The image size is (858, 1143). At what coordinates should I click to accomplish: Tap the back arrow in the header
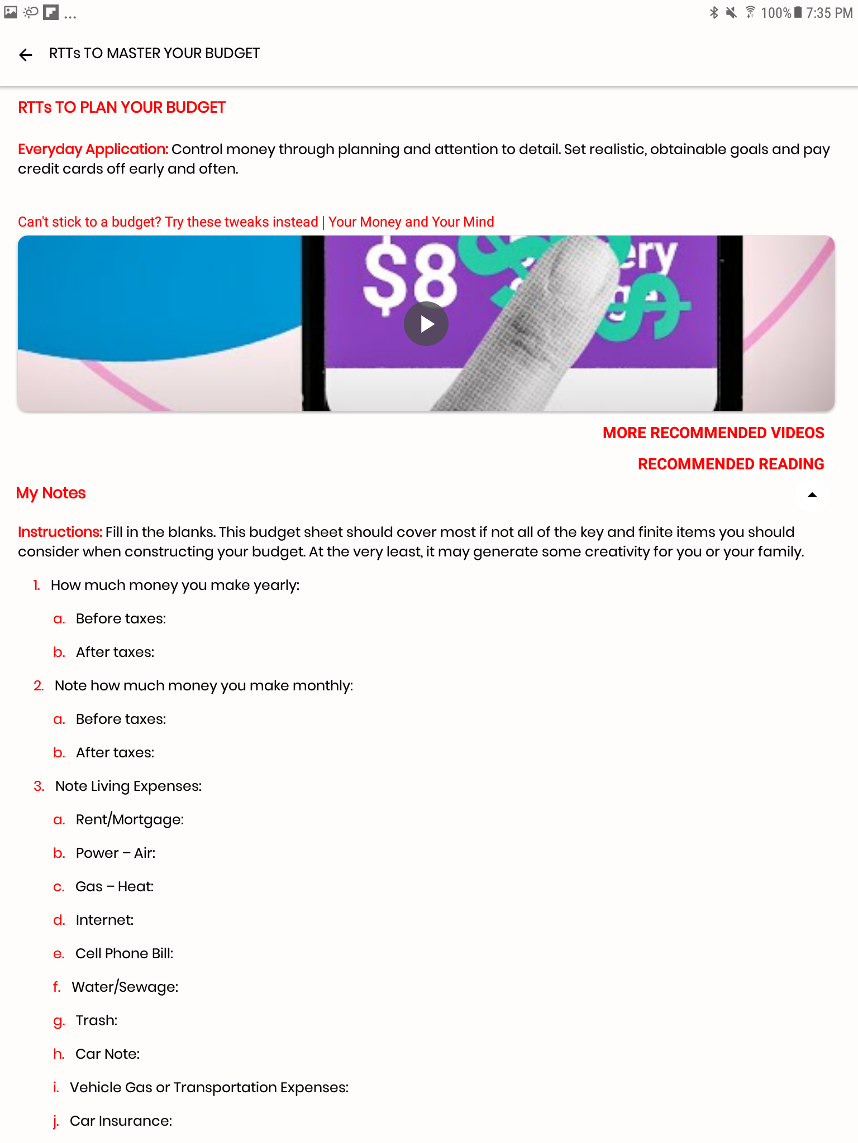[x=26, y=55]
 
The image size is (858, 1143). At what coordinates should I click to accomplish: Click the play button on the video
[x=426, y=324]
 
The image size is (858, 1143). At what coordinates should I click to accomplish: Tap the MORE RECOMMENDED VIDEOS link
[x=713, y=433]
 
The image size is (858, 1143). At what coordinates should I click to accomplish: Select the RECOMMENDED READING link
[x=730, y=464]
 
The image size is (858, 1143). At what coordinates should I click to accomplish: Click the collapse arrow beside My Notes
[x=812, y=495]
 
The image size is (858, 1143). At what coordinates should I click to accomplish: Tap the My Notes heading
[x=51, y=493]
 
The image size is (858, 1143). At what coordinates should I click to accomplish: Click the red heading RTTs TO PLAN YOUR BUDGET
[x=122, y=107]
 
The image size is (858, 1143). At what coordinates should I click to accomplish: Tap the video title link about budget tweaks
[x=256, y=222]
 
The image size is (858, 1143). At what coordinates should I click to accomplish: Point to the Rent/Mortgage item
[x=130, y=819]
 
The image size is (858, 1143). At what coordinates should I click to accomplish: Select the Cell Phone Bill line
[x=124, y=953]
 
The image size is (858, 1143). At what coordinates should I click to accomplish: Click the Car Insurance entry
[x=121, y=1121]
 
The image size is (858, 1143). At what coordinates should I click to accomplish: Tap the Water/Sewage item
[x=125, y=987]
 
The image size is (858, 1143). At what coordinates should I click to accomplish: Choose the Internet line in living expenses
[x=104, y=920]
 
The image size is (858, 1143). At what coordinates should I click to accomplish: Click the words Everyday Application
[x=93, y=150]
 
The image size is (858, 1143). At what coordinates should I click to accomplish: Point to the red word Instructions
[x=60, y=532]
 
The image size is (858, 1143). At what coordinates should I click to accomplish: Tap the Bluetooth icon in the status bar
[x=714, y=13]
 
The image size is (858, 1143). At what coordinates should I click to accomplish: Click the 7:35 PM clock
[x=829, y=13]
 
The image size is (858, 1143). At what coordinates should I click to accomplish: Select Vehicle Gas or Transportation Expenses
[x=209, y=1087]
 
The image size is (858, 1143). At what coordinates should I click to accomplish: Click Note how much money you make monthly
[x=203, y=685]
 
